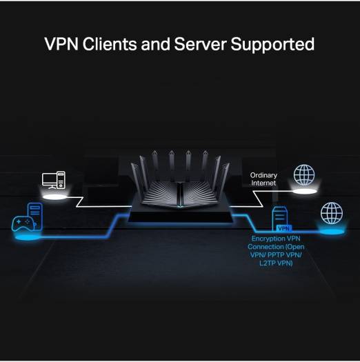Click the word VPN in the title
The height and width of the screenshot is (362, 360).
click(62, 45)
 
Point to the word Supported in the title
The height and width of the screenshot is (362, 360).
click(274, 45)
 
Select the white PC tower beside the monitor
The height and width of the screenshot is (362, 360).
click(62, 180)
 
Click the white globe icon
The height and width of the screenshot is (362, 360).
click(303, 174)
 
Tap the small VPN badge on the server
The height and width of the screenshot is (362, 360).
click(282, 227)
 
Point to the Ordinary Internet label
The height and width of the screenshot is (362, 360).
click(263, 179)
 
